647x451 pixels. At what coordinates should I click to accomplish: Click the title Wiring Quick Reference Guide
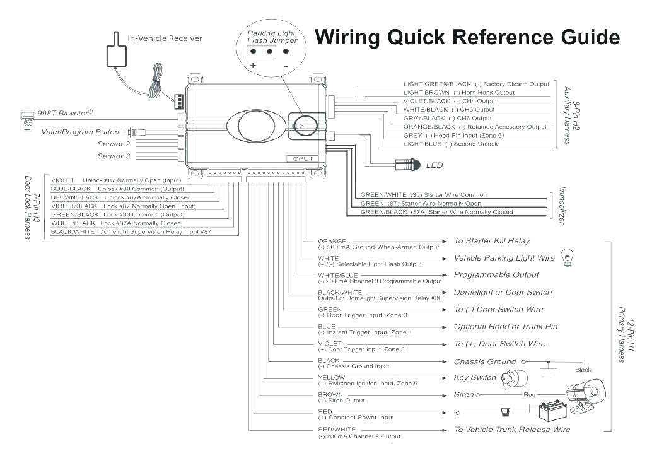point(467,38)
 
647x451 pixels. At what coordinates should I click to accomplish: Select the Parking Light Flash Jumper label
point(271,37)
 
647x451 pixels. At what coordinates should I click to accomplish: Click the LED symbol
point(405,165)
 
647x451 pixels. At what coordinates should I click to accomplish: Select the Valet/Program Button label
point(80,132)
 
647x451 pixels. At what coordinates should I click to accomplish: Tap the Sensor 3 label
point(114,156)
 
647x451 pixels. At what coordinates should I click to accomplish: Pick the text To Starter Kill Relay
point(492,241)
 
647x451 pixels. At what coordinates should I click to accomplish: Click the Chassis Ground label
point(485,361)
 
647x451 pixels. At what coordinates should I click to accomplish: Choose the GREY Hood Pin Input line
point(453,136)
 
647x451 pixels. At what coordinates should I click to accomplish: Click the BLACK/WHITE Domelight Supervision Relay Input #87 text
point(131,231)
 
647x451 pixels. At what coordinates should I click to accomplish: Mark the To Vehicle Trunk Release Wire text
point(512,430)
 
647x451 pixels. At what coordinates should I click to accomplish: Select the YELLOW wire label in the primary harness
point(332,378)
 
